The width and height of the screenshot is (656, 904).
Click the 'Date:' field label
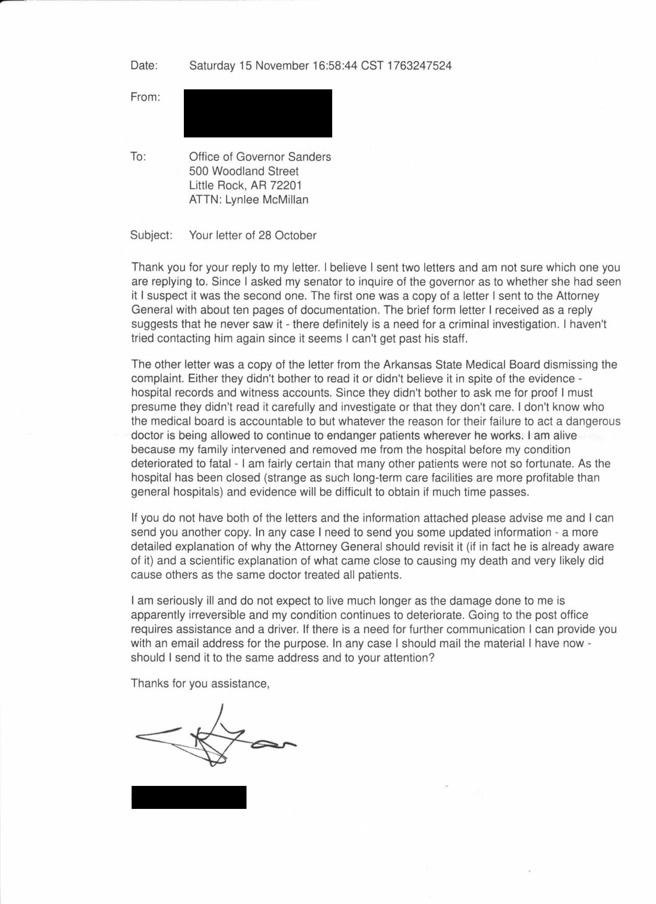click(144, 66)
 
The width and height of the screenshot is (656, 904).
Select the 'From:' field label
click(145, 97)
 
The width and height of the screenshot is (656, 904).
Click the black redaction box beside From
click(257, 113)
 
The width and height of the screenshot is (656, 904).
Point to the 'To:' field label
click(138, 157)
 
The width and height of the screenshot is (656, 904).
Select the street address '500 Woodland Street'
click(244, 171)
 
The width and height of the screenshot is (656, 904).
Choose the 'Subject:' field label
click(151, 235)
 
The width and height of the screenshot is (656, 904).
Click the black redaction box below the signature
click(189, 797)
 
